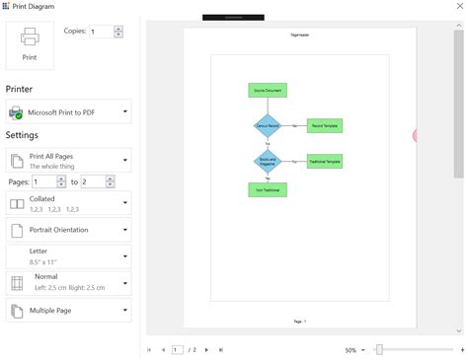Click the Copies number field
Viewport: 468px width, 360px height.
[101, 32]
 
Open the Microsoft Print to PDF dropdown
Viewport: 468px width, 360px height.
[68, 112]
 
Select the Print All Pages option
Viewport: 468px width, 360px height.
[68, 161]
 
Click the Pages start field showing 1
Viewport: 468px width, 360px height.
[44, 182]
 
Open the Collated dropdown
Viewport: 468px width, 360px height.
[68, 204]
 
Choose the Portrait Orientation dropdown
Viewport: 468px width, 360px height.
[68, 230]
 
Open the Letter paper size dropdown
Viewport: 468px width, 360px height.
[68, 256]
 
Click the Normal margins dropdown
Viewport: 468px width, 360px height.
[68, 283]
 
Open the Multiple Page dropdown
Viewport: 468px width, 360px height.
[68, 311]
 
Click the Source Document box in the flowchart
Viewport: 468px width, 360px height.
[267, 91]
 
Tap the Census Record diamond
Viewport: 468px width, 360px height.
[268, 126]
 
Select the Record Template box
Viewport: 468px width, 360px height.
[324, 126]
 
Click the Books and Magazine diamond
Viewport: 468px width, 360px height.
[268, 161]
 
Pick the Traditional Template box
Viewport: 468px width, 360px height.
[324, 161]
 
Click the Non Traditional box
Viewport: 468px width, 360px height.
[267, 189]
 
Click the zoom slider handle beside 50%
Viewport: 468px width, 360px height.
[378, 349]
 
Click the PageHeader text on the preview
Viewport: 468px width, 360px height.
[297, 36]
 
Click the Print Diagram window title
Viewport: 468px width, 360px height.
[35, 7]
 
